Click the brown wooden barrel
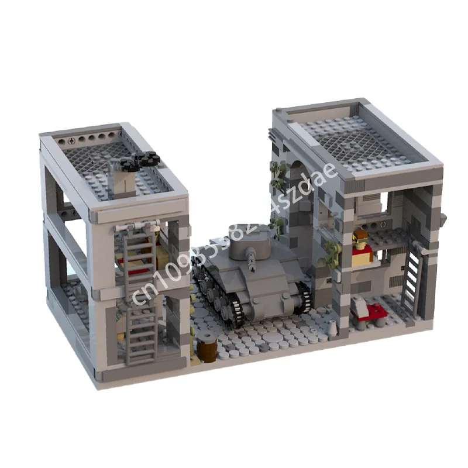point(206,347)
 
